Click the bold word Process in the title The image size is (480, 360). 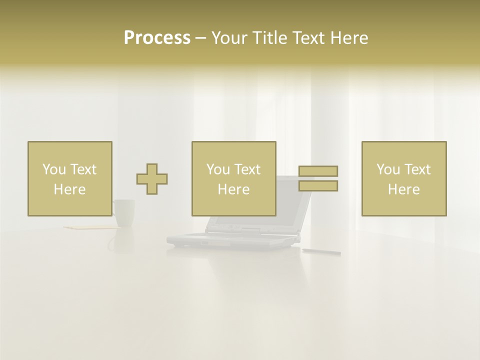tap(157, 38)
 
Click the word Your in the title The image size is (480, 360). tap(229, 38)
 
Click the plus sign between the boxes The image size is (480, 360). tap(152, 179)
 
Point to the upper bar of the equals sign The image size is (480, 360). tap(318, 171)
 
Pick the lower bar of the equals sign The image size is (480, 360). tap(318, 186)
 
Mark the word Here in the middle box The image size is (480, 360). tap(233, 189)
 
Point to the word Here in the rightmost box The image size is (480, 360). tap(403, 189)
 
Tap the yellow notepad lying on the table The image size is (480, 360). tap(90, 228)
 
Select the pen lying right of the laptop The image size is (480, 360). tap(320, 251)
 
